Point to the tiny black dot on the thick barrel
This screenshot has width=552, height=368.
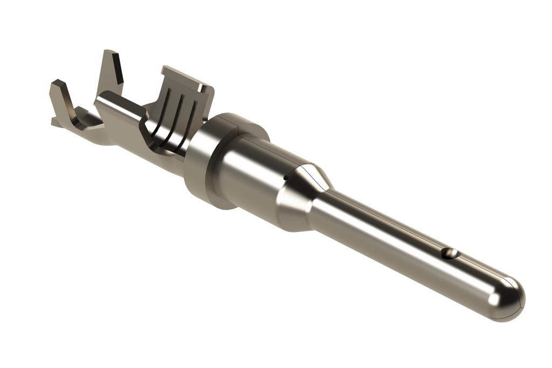coord(285,176)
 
